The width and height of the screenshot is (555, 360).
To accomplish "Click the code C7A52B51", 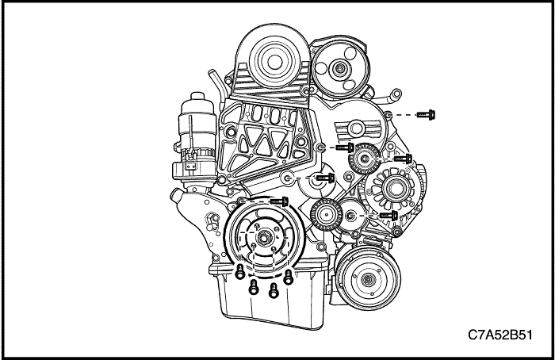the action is pos(500,335).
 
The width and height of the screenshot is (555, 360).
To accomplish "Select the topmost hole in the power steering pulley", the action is pos(350,53).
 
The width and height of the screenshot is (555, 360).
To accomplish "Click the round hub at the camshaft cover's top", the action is pos(273,62).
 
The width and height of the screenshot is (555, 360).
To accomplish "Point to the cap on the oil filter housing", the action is pos(197,97).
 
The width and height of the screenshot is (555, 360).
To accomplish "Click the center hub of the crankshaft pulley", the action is pos(262,238).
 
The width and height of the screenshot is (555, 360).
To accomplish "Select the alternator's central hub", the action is pos(393,188).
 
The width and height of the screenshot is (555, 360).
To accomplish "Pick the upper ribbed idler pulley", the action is pos(365,159).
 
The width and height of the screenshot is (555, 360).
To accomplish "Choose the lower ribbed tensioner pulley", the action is pos(326,214).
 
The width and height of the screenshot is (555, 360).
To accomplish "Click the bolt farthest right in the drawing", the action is pos(426,115).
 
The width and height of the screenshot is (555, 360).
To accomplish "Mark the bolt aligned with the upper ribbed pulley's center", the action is pos(403,159).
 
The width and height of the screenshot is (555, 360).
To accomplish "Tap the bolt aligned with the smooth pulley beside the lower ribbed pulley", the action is pos(388,215).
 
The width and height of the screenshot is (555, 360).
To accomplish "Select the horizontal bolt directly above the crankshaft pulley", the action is pos(279,201).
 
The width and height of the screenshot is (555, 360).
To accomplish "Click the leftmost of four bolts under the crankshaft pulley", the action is pos(240,271).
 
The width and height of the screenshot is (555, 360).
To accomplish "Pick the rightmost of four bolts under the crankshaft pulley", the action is pos(289,277).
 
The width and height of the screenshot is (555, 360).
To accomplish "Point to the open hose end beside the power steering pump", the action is pos(396,94).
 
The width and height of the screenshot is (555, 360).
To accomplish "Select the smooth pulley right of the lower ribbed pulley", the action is pos(350,215).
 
